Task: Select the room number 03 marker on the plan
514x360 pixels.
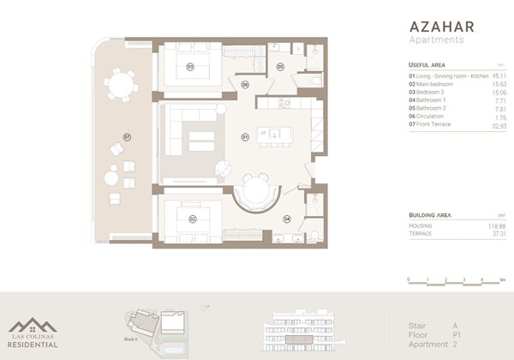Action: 190,66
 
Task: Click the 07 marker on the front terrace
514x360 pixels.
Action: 126,136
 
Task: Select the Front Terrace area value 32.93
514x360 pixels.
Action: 496,125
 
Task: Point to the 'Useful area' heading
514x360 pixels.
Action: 427,64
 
